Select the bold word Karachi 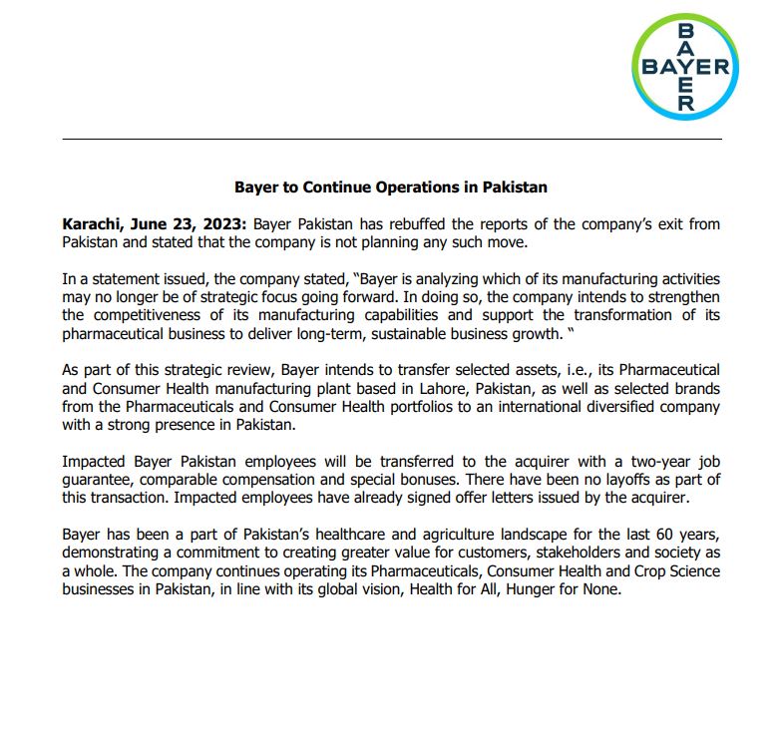(x=92, y=224)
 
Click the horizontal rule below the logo (x=391, y=139)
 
